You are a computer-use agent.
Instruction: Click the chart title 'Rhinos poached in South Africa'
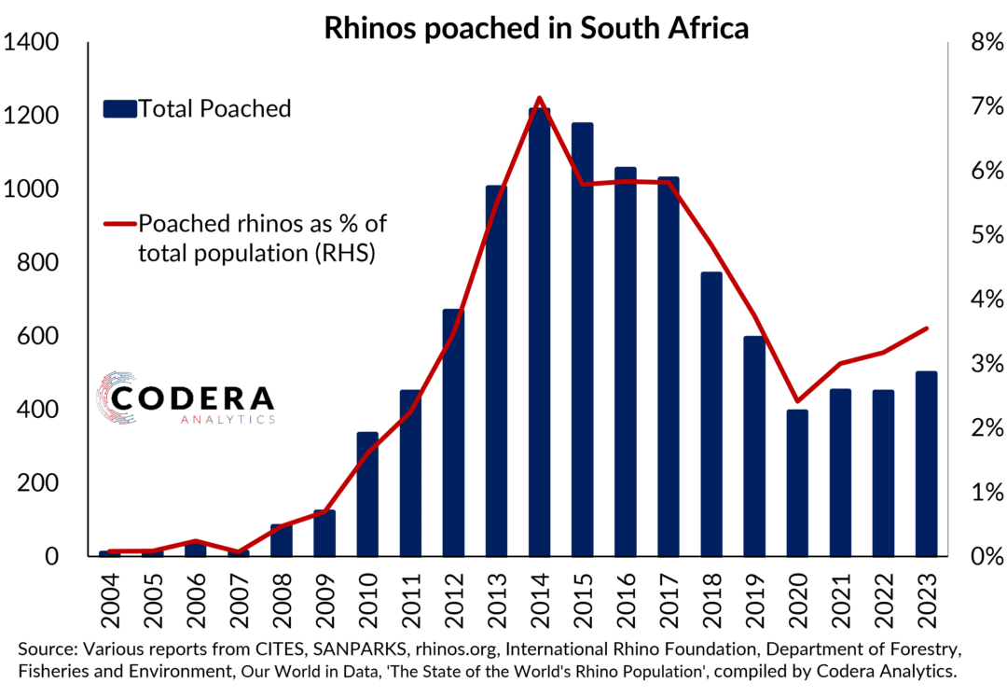[x=536, y=28]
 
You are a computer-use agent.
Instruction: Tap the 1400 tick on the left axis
[x=33, y=43]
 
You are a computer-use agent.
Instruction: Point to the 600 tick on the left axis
[x=38, y=337]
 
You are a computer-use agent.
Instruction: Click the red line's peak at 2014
[x=539, y=98]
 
